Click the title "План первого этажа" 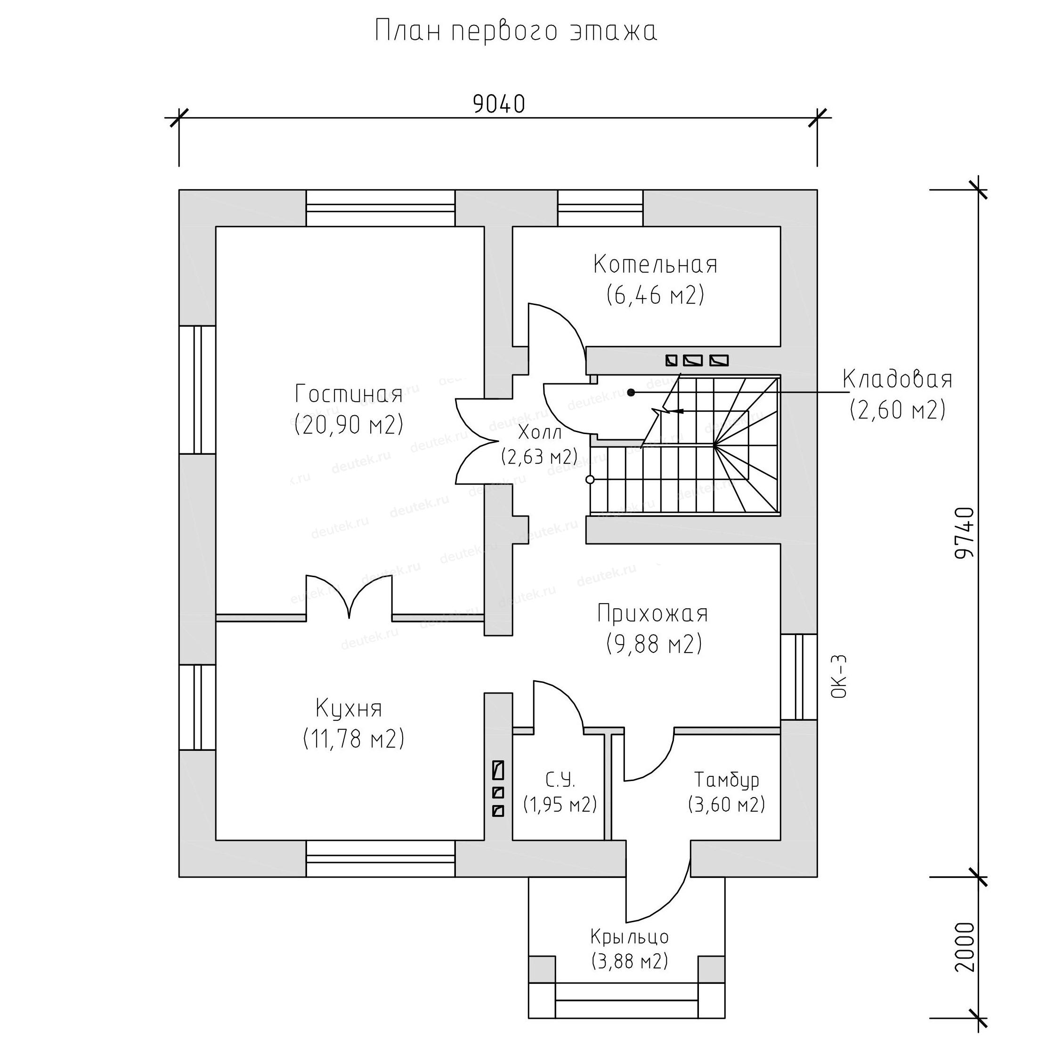pyautogui.click(x=516, y=32)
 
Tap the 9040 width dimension pyautogui.click(x=499, y=105)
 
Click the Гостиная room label pyautogui.click(x=348, y=394)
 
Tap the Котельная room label pyautogui.click(x=655, y=265)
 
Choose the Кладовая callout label pyautogui.click(x=897, y=379)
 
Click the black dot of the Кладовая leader pyautogui.click(x=631, y=392)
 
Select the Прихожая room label pyautogui.click(x=653, y=613)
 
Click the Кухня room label pyautogui.click(x=349, y=709)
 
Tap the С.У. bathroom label pyautogui.click(x=560, y=780)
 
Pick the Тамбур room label pyautogui.click(x=726, y=780)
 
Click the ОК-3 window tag pyautogui.click(x=840, y=676)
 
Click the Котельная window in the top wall pyautogui.click(x=600, y=208)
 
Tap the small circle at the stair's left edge pyautogui.click(x=590, y=480)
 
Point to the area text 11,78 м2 pyautogui.click(x=354, y=739)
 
